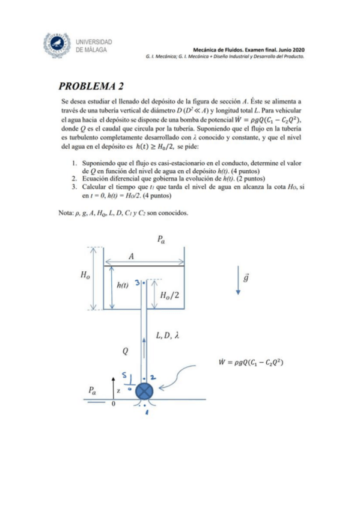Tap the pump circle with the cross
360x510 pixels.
point(144,390)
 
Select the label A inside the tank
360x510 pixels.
point(130,257)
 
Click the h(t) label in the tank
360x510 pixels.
point(122,286)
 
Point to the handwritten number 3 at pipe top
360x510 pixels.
point(138,282)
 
